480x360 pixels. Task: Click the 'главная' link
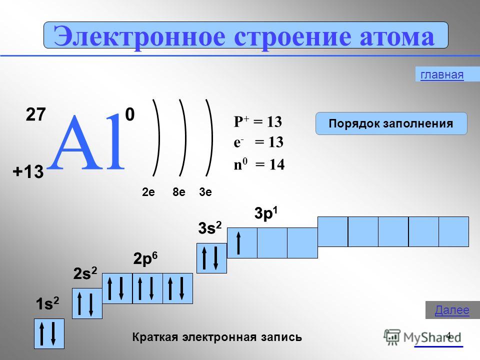[442, 74]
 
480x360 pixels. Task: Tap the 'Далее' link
[452, 310]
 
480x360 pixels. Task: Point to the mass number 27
[36, 114]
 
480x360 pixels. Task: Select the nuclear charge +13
[28, 171]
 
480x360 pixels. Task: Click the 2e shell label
[148, 192]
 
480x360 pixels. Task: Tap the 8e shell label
[179, 192]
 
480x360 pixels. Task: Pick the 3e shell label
[205, 192]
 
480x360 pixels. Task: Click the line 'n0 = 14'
[259, 164]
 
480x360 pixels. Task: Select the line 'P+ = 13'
[258, 121]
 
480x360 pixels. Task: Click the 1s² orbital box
[49, 333]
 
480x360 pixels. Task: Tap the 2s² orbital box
[87, 303]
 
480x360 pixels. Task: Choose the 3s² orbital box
[211, 258]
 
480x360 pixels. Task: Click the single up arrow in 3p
[239, 243]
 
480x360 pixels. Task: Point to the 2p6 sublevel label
[145, 258]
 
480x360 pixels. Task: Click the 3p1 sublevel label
[266, 213]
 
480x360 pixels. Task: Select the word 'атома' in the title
[396, 36]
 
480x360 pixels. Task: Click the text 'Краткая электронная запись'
[217, 337]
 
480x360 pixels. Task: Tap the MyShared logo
[422, 337]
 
